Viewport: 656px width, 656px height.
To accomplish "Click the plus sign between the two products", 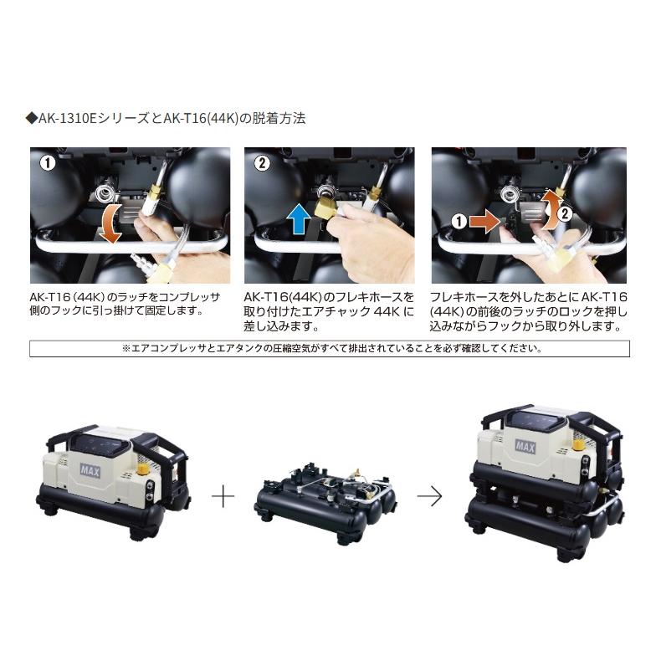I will click(223, 497).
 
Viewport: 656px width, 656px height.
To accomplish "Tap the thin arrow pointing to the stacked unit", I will click(429, 496).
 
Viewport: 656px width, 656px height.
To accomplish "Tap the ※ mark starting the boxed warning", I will click(123, 348).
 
